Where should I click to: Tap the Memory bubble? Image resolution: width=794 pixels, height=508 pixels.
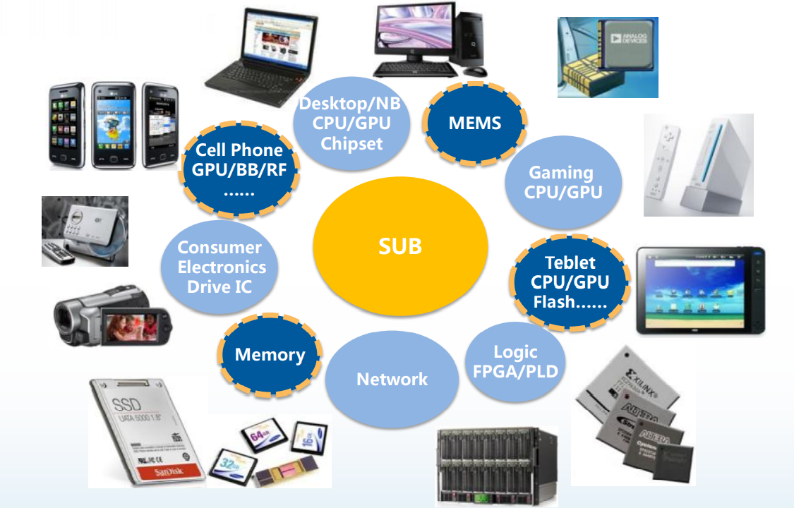coord(270,355)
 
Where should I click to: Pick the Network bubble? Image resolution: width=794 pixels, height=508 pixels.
coord(392,379)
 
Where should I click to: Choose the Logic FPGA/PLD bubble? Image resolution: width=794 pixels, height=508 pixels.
coord(515,361)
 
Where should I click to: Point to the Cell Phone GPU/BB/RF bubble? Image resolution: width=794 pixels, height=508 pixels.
coord(239,169)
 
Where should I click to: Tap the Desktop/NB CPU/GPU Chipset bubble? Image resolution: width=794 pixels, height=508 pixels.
coord(350,123)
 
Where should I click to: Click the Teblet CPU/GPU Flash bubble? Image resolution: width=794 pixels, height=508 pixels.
coord(570,282)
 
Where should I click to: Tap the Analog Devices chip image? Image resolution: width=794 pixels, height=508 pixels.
coord(608,57)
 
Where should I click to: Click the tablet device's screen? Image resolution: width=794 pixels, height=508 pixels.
coord(698,289)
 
